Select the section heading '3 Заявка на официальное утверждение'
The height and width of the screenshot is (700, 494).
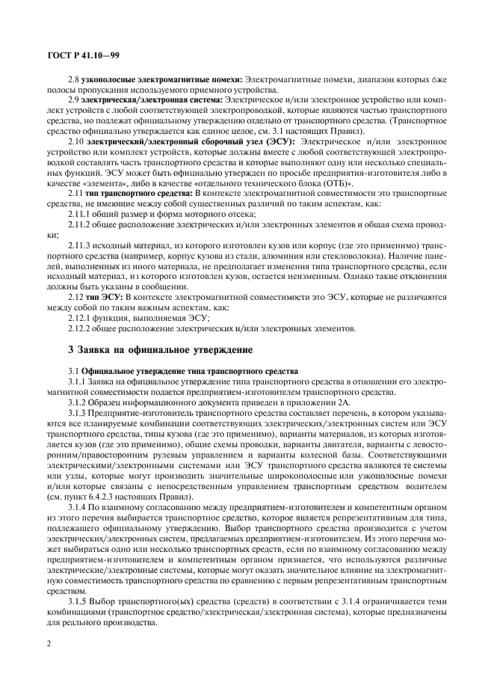(149, 349)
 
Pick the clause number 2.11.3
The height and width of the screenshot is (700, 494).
(79, 245)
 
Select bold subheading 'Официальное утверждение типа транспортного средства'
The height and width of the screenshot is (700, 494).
(190, 371)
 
